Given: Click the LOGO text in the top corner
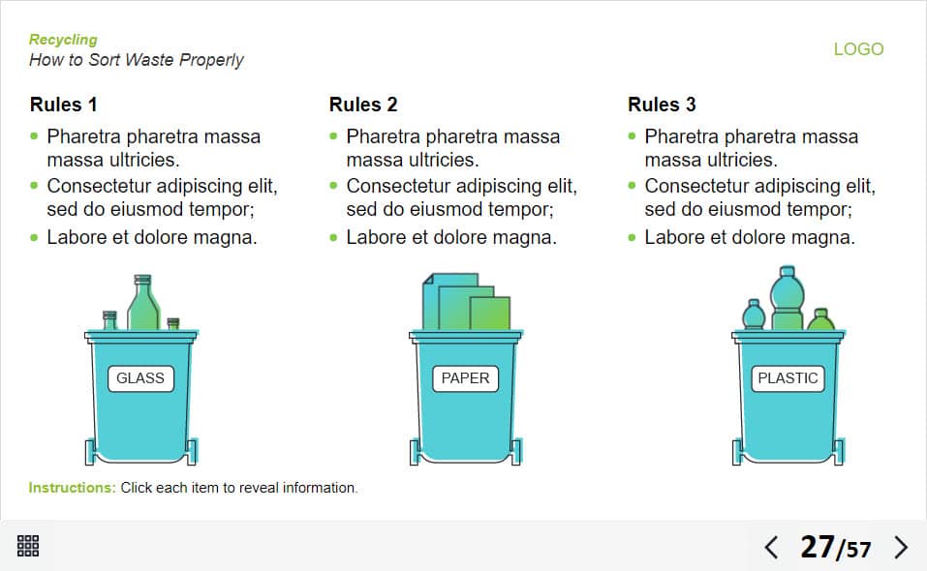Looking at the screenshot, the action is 858,49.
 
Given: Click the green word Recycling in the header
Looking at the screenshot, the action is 63,40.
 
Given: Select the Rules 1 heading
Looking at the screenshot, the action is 63,105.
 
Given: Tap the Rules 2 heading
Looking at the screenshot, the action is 363,105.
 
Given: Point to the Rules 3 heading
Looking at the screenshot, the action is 662,105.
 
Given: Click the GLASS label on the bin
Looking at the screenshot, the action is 140,377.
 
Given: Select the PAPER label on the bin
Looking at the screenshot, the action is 465,377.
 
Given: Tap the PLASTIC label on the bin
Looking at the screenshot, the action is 788,377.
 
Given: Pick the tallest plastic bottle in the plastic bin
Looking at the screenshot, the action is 787,298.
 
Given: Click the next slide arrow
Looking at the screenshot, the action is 901,548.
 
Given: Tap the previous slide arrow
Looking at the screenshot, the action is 771,548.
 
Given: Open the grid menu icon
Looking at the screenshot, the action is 28,546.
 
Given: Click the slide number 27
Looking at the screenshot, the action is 817,547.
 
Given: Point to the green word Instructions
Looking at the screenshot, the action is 72,488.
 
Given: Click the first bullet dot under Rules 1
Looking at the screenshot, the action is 34,136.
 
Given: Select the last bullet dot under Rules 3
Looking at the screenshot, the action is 632,237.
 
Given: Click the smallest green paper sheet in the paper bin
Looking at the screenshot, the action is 490,314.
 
